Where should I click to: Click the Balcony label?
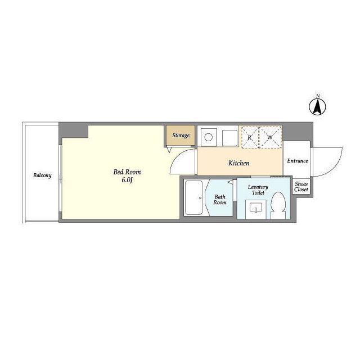[42, 175]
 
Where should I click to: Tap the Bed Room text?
[127, 172]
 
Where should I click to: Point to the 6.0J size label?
[127, 180]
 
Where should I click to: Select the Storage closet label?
[181, 135]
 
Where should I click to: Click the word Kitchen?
[238, 163]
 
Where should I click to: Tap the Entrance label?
[298, 161]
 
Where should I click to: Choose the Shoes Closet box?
[301, 186]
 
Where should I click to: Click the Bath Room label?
[220, 200]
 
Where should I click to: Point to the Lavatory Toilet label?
[258, 190]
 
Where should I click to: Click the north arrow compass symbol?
[317, 107]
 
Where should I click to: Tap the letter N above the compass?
[318, 96]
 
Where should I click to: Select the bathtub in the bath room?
[193, 197]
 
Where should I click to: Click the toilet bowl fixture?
[278, 205]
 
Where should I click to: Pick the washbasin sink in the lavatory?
[256, 208]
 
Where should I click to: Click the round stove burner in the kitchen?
[209, 137]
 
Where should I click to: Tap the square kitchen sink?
[229, 138]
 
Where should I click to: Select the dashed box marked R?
[250, 137]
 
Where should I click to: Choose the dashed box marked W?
[270, 137]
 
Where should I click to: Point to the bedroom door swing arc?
[175, 158]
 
